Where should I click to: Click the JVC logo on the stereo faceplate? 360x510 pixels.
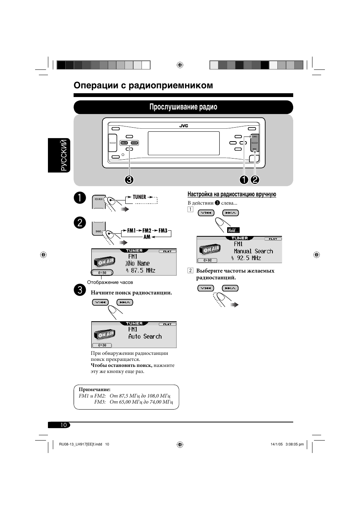click(x=183, y=126)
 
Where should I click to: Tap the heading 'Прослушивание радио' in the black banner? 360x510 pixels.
click(x=183, y=107)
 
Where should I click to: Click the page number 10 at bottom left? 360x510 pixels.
click(x=63, y=425)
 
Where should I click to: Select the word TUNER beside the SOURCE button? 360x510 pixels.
click(x=139, y=197)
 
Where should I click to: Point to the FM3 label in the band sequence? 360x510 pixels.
click(x=163, y=230)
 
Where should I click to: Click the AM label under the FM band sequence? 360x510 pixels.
click(x=147, y=237)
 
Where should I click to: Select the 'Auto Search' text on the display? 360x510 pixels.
click(x=145, y=336)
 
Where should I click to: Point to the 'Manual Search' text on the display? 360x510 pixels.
click(x=253, y=251)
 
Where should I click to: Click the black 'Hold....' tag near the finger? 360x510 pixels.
click(x=233, y=230)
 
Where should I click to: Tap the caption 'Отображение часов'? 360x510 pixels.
click(x=110, y=282)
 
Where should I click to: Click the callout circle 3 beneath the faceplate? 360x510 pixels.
click(x=129, y=180)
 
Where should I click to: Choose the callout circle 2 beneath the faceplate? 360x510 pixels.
click(x=255, y=180)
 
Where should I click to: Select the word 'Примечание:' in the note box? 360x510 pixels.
click(x=94, y=389)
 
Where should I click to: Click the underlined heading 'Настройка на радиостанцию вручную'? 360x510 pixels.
click(x=232, y=194)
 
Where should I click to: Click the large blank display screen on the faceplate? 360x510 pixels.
click(x=183, y=143)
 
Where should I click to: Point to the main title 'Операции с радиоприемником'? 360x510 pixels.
click(x=143, y=85)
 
